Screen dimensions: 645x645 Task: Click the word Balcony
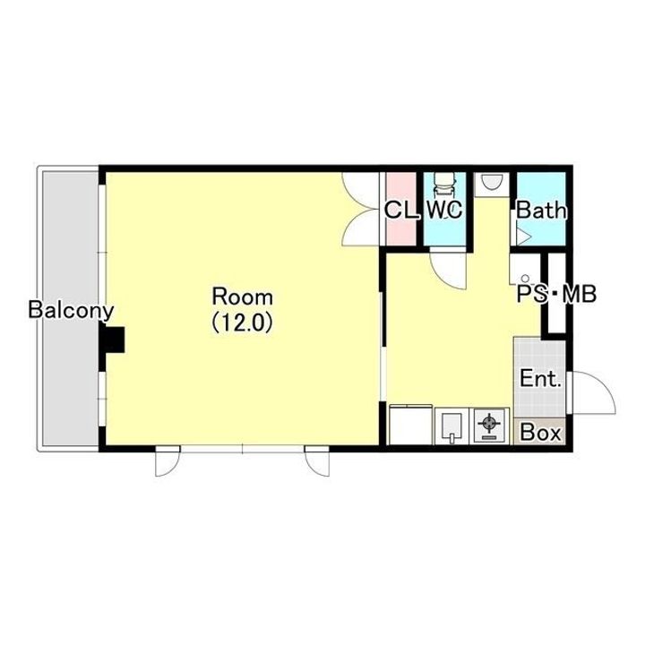71,310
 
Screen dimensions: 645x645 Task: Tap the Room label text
242,297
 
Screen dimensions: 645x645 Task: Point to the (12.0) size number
242,322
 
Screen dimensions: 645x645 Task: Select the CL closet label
401,210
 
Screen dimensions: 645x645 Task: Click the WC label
444,210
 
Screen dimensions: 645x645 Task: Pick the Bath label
541,211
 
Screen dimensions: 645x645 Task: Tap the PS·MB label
556,294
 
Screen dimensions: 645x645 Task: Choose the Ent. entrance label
540,378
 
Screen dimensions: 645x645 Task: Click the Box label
540,433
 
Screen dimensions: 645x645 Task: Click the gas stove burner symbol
489,424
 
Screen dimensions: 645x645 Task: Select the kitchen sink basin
451,426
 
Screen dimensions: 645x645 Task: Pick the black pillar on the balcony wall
112,340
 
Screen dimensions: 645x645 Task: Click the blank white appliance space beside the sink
410,426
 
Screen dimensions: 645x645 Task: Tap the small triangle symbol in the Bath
524,236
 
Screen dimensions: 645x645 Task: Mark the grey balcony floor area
71,307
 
